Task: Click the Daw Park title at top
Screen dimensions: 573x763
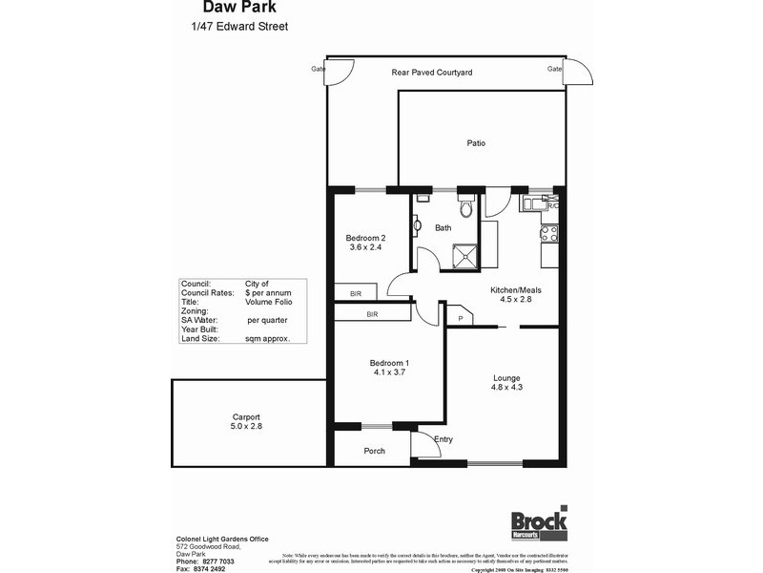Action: pos(226,9)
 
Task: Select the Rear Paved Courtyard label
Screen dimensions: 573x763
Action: pos(432,73)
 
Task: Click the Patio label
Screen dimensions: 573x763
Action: pos(476,143)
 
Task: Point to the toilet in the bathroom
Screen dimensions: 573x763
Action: pos(465,207)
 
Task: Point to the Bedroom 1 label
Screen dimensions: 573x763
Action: pos(389,362)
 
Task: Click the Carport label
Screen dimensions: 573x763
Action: pos(247,416)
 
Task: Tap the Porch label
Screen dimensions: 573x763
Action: pos(375,451)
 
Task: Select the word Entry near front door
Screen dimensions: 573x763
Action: pos(443,439)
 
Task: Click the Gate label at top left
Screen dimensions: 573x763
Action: pos(317,69)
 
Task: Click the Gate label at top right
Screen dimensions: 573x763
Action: pos(554,69)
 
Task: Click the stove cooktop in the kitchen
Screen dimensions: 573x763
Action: pos(548,230)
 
